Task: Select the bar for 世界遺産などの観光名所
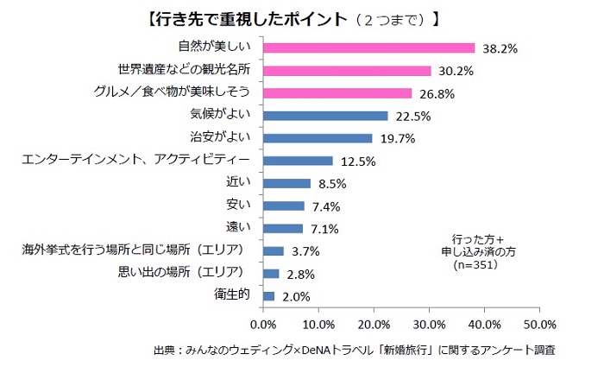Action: point(347,71)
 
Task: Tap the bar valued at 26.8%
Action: point(337,93)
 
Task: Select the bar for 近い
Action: point(286,183)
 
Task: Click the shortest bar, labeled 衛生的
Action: point(268,296)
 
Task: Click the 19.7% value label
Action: point(396,139)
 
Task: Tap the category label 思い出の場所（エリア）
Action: point(183,273)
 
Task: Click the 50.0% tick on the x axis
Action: point(539,324)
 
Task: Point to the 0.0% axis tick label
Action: point(263,324)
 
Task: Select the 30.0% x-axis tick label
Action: point(429,324)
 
